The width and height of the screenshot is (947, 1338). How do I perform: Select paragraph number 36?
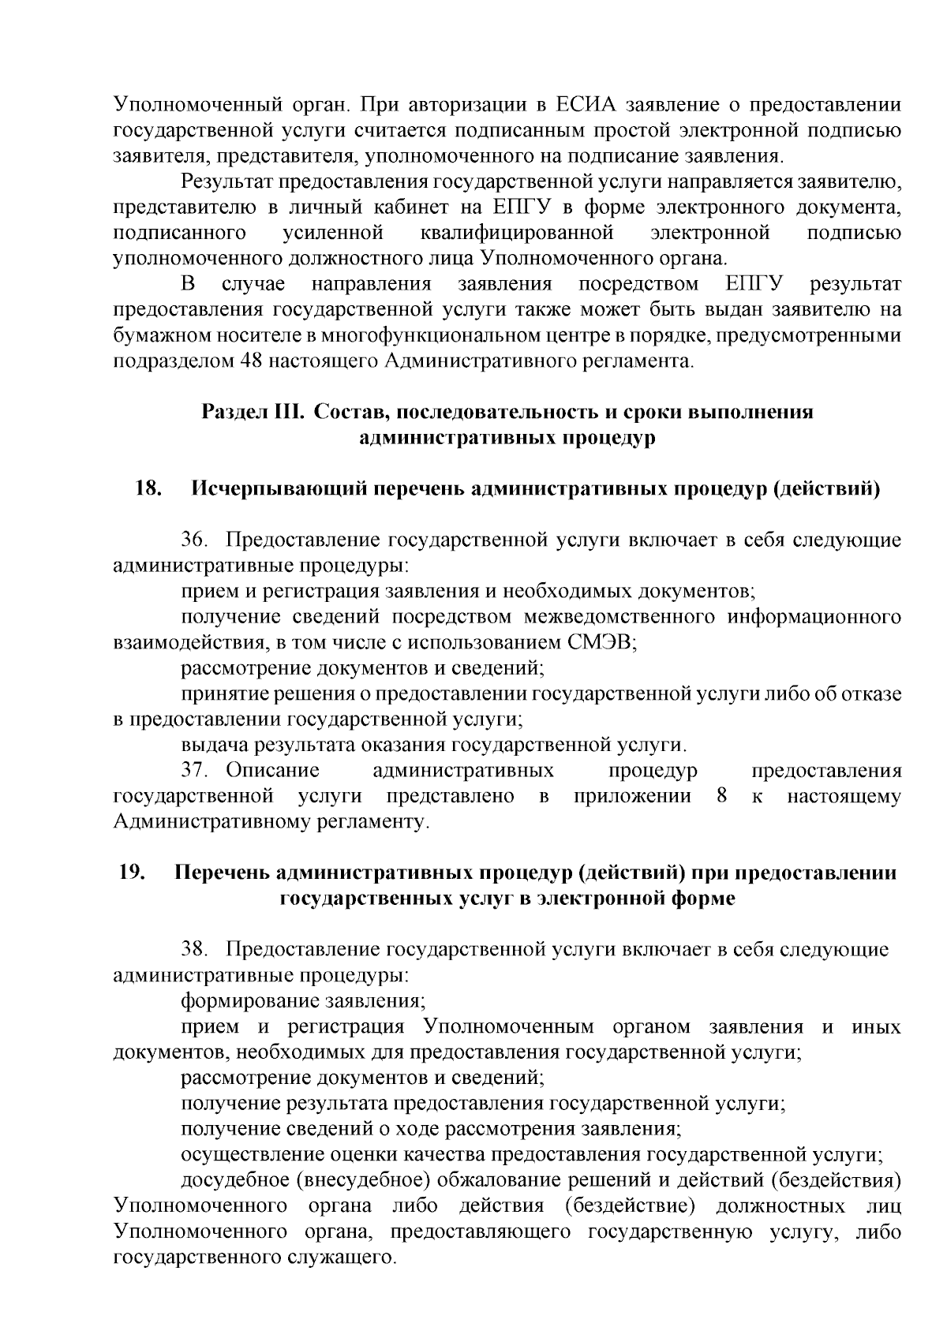[x=196, y=540]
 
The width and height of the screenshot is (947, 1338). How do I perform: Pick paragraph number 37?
[x=196, y=770]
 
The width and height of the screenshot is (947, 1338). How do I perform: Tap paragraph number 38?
[x=196, y=950]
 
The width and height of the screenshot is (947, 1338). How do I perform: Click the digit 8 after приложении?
[x=721, y=796]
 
